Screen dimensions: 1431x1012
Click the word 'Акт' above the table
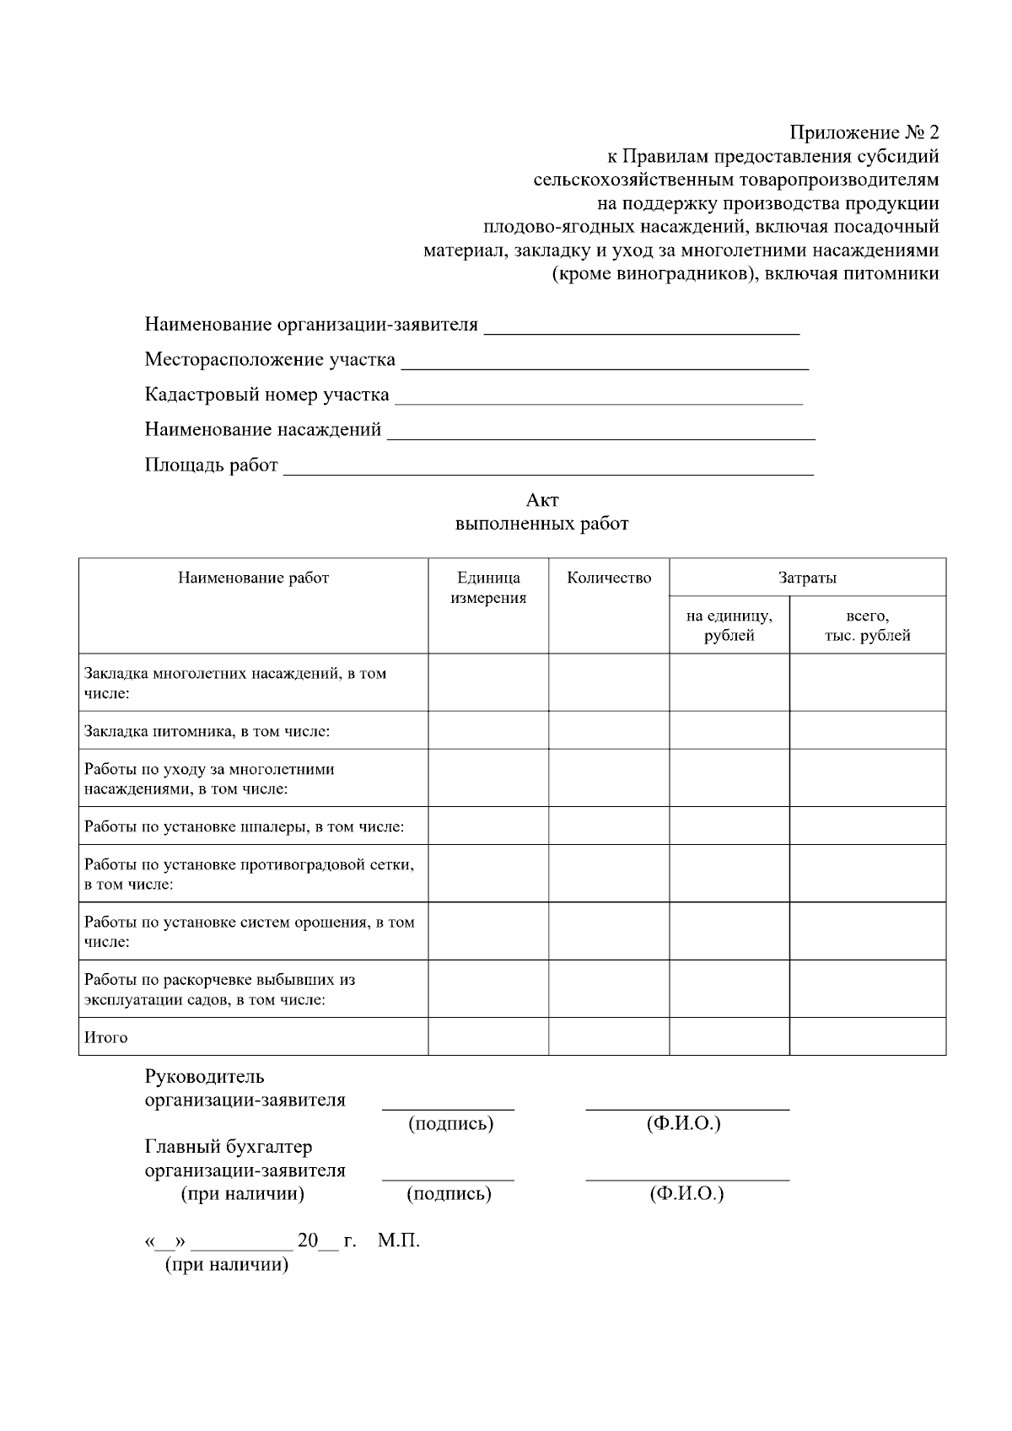point(542,500)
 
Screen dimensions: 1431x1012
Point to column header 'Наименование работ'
point(253,578)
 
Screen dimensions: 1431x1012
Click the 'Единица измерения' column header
point(488,588)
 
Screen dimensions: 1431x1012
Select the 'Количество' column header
point(609,578)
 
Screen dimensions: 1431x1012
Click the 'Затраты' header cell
point(807,578)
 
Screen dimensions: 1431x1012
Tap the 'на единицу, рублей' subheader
point(729,625)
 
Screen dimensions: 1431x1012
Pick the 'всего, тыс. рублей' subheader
point(867,625)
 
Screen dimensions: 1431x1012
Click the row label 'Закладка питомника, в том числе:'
point(207,731)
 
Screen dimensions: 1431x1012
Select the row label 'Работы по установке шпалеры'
point(244,826)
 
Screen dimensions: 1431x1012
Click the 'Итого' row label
point(106,1037)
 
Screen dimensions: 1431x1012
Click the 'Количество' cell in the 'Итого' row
point(609,1036)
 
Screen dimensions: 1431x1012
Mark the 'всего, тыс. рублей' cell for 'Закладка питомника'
point(867,730)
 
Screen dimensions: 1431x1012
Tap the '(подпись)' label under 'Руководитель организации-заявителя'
point(450,1123)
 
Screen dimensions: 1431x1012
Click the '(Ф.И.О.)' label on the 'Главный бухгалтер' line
point(686,1193)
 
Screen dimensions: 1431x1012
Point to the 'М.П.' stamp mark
point(399,1240)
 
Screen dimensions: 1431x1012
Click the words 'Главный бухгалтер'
point(228,1147)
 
